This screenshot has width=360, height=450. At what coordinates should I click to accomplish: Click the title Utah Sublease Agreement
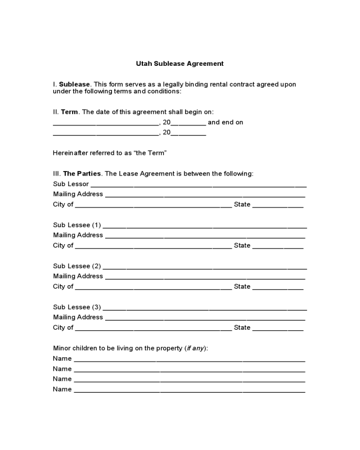point(180,64)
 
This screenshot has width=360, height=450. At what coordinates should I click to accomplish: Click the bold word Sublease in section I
point(74,84)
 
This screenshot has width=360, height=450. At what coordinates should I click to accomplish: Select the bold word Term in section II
point(69,112)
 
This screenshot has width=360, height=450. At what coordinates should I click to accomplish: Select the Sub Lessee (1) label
point(77,225)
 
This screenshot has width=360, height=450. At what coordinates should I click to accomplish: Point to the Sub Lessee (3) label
point(77,307)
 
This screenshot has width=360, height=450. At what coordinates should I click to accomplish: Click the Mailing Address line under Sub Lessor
point(205,195)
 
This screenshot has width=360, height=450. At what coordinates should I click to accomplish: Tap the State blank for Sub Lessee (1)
point(278,246)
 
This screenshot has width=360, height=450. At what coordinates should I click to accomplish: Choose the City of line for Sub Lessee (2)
point(153,287)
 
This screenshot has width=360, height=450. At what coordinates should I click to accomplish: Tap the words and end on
point(226,122)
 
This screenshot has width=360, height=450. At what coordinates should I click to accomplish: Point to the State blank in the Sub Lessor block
point(278,205)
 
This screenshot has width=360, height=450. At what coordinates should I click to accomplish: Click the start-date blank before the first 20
point(106,123)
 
